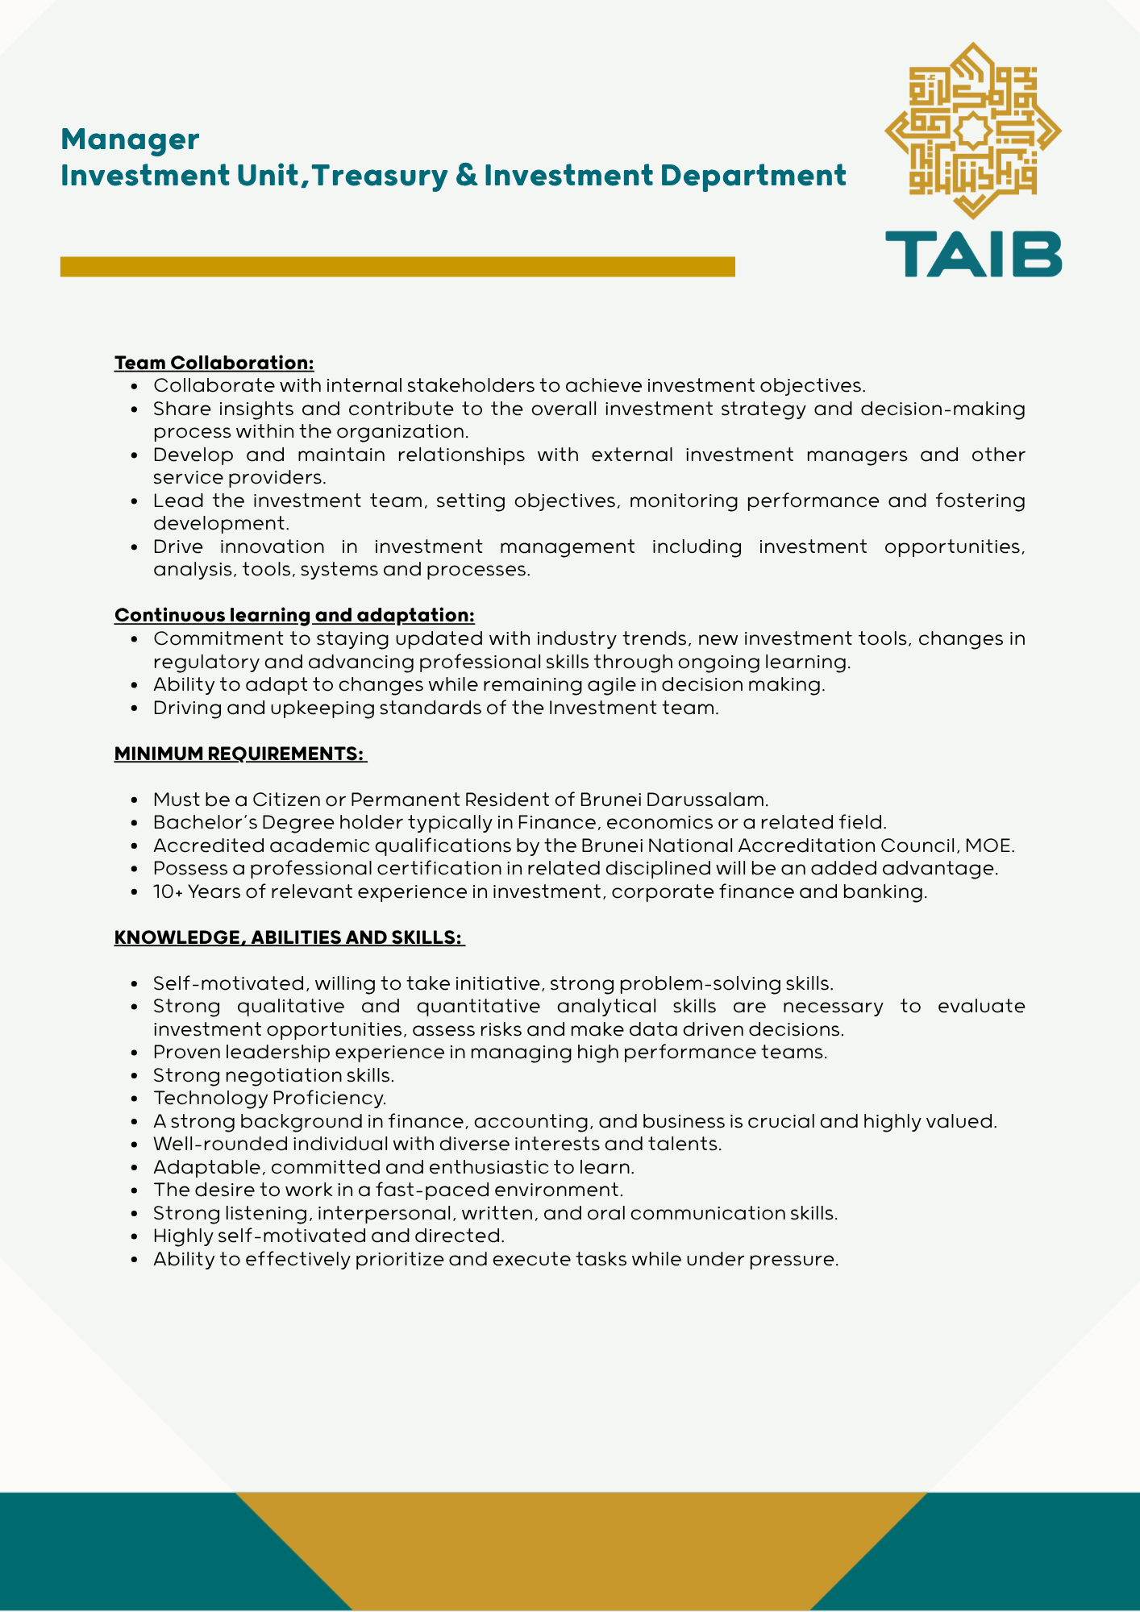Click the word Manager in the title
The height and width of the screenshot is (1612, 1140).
130,139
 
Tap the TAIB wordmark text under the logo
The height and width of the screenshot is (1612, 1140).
973,254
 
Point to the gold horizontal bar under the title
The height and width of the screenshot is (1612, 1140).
397,267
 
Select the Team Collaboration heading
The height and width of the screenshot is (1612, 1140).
214,363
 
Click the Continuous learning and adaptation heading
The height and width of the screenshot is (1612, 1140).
294,615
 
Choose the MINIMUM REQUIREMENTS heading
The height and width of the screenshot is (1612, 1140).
239,754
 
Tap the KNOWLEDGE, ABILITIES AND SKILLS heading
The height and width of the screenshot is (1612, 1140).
289,937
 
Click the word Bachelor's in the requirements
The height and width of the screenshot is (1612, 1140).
193,822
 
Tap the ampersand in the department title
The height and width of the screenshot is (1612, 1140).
466,176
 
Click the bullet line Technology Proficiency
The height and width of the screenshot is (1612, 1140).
270,1098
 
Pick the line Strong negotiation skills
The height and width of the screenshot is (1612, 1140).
273,1075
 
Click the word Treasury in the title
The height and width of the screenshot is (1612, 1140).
379,176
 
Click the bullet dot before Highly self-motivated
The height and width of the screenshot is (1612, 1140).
135,1236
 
